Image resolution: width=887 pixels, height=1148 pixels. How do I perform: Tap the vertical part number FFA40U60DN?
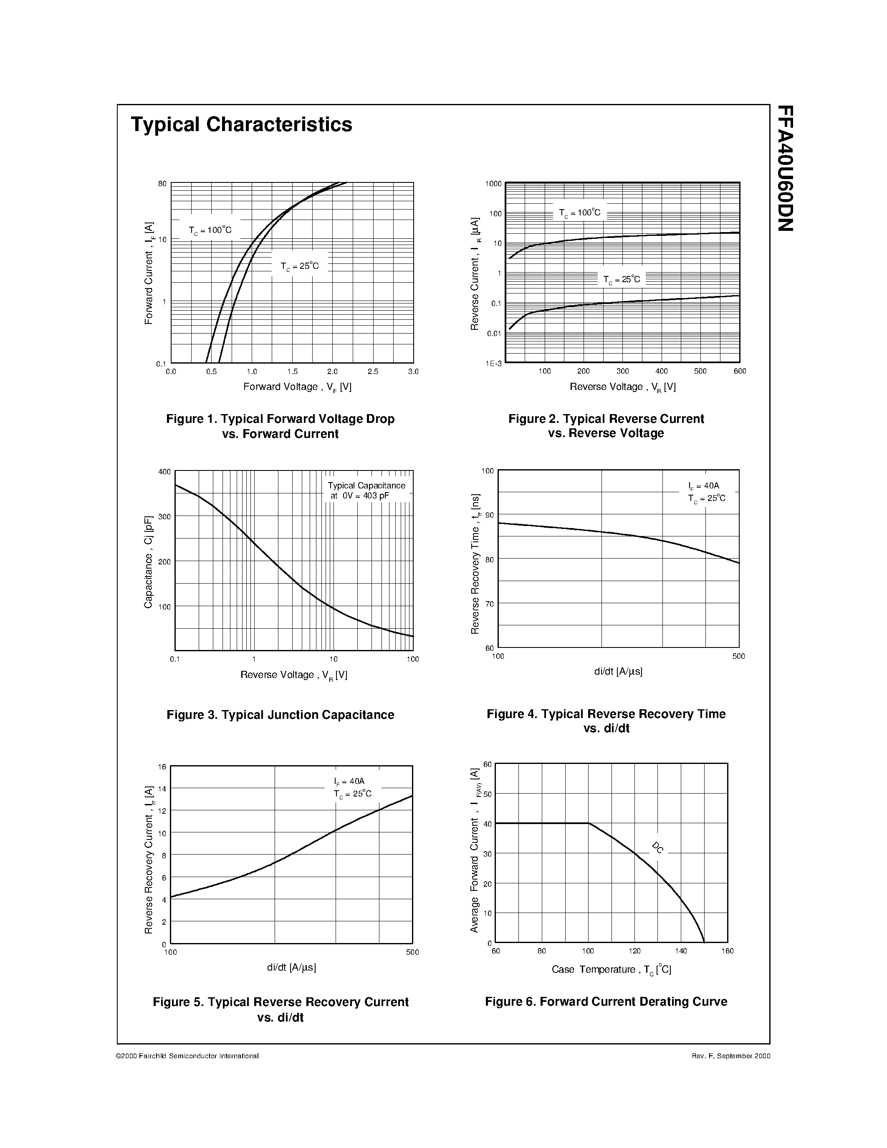785,168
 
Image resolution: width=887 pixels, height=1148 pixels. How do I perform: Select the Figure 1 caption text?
280,426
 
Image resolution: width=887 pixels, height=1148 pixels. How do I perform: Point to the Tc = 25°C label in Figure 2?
622,280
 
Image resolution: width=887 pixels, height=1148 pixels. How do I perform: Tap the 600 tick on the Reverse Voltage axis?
739,372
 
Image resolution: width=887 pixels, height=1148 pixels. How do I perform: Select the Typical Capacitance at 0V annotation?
366,491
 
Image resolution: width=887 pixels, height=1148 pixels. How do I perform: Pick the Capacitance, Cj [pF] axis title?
148,562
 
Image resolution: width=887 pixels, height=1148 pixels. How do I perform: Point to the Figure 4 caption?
606,721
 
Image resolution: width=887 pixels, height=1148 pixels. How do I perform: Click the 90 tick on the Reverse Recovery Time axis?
489,515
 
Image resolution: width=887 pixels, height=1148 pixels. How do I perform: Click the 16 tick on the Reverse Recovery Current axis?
162,767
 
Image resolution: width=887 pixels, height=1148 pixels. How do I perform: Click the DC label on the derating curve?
657,847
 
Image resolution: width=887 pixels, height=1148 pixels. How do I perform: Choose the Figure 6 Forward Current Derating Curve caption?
606,1001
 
